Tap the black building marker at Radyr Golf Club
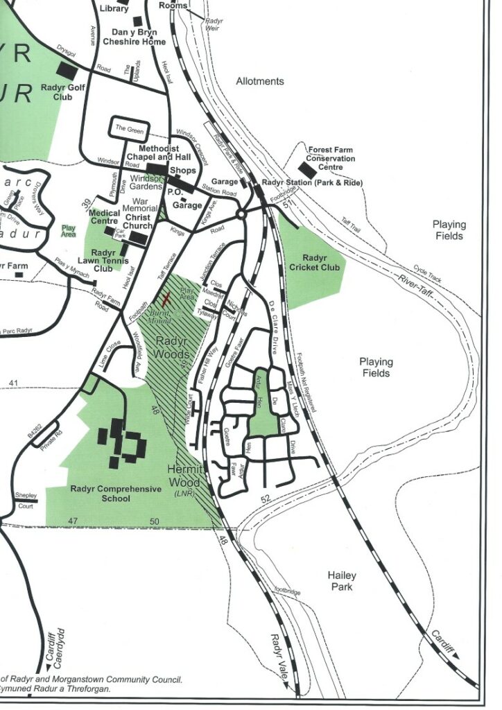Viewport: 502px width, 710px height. (68, 70)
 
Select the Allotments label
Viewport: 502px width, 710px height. (260, 81)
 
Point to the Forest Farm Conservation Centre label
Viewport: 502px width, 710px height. (331, 158)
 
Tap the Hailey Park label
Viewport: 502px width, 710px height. (342, 581)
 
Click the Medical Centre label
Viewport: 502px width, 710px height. (105, 217)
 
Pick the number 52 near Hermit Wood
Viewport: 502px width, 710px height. (265, 499)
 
